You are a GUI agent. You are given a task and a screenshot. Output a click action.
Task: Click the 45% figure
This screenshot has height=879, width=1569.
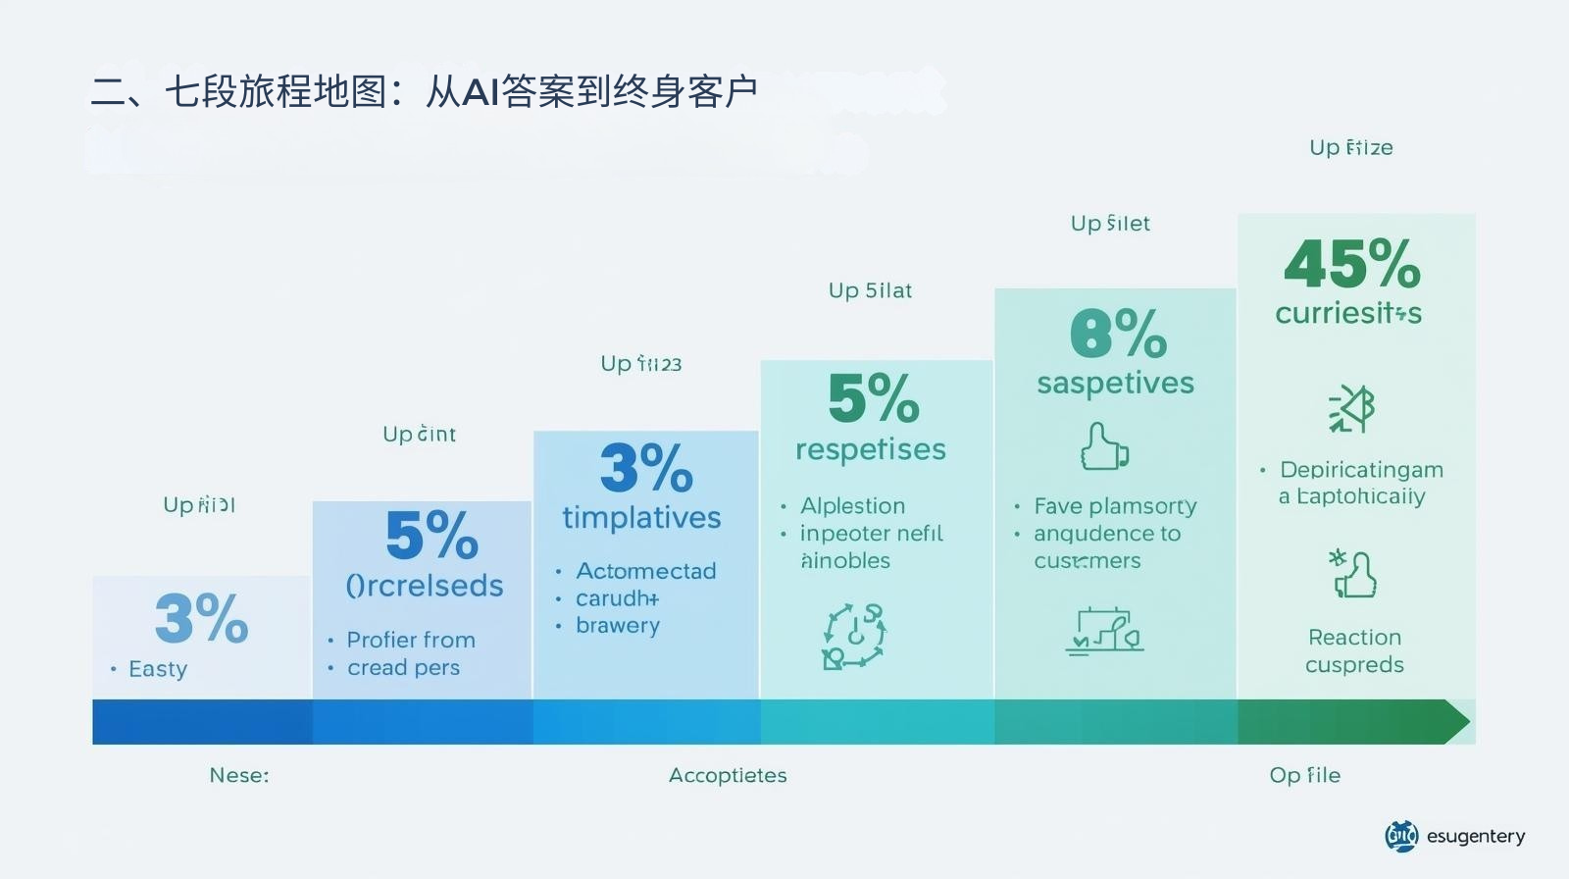pos(1351,264)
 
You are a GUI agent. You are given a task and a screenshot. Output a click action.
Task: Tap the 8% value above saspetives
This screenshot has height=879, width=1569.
pos(1117,335)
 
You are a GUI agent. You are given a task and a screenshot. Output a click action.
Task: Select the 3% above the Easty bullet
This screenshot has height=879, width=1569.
pos(201,618)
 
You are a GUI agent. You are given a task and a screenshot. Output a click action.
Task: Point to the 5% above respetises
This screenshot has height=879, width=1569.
pos(873,398)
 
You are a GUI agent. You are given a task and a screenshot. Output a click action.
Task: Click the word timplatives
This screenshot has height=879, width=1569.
pos(641,518)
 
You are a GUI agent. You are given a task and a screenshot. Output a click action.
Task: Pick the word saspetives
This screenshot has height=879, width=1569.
pos(1115,383)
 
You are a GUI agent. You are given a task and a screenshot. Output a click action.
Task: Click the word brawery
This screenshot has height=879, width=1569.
pos(617,626)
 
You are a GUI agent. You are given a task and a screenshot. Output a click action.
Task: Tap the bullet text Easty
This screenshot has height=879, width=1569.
pos(157,669)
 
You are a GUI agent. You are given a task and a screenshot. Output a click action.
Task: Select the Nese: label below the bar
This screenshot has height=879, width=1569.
pos(238,775)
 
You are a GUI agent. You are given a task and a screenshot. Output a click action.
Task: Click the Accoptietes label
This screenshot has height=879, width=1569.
pos(728,775)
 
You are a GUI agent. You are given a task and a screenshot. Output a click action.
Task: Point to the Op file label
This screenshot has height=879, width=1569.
pos(1304,775)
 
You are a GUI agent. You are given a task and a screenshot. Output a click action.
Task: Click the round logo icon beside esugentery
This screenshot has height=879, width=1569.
pos(1401,836)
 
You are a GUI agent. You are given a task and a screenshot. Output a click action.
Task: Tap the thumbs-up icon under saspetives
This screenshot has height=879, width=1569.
pos(1103,447)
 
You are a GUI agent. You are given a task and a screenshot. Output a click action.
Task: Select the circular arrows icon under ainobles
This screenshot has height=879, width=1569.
pos(853,637)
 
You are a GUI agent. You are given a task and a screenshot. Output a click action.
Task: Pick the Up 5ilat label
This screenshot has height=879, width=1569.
pos(870,290)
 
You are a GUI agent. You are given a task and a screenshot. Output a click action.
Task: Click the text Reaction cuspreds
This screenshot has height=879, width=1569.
pos(1354,650)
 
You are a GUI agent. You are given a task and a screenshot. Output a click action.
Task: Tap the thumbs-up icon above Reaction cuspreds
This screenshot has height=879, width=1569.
pos(1353,575)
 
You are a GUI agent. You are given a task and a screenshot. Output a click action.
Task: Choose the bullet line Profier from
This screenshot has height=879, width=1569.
pos(410,640)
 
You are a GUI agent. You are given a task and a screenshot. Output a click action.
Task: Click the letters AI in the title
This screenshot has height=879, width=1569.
pos(481,92)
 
